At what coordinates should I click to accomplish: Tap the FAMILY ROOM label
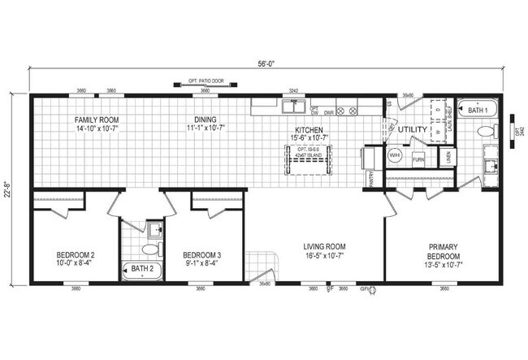(97, 119)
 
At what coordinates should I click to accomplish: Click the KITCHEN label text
(309, 130)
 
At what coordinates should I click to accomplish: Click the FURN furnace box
(418, 160)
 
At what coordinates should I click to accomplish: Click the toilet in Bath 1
(486, 131)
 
